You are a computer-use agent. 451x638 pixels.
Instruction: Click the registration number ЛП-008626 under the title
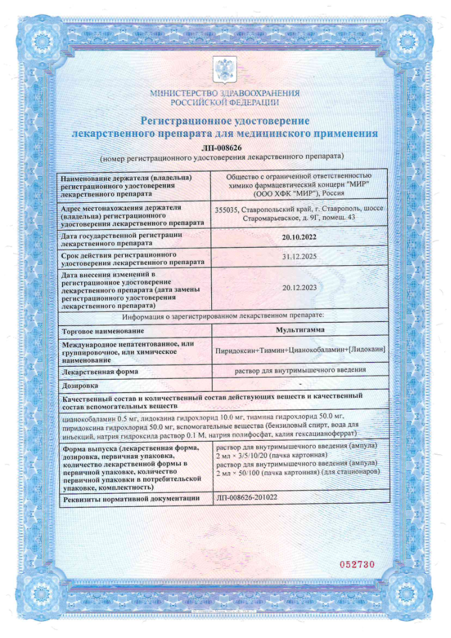click(x=225, y=148)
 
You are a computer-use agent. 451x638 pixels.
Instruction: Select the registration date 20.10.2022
click(x=299, y=239)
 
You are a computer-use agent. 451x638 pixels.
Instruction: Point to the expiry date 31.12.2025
click(x=299, y=257)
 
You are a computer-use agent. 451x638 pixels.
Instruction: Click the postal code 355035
click(x=228, y=209)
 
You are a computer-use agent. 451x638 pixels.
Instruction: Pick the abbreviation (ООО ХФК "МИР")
click(x=278, y=193)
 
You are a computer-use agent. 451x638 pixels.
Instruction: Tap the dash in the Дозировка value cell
click(x=299, y=385)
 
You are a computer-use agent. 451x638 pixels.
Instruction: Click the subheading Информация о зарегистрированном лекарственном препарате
click(x=225, y=316)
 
